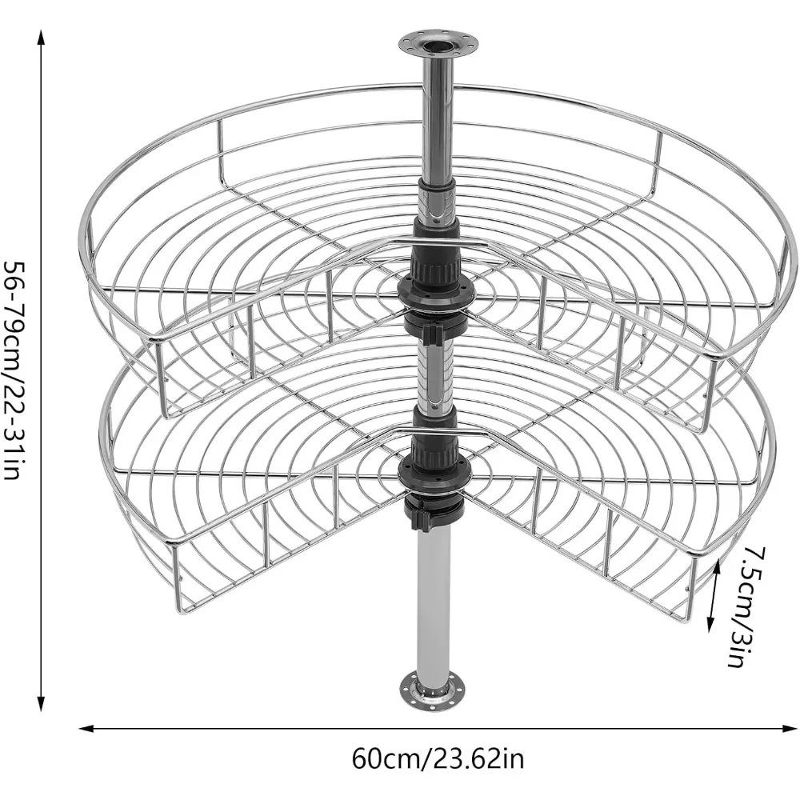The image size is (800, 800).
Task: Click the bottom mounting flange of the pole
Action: [433, 690]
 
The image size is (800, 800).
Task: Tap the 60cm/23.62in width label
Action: [438, 758]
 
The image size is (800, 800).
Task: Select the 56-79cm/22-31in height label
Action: [14, 370]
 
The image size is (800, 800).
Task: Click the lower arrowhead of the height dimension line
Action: [42, 702]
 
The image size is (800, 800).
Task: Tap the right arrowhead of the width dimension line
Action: [786, 729]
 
